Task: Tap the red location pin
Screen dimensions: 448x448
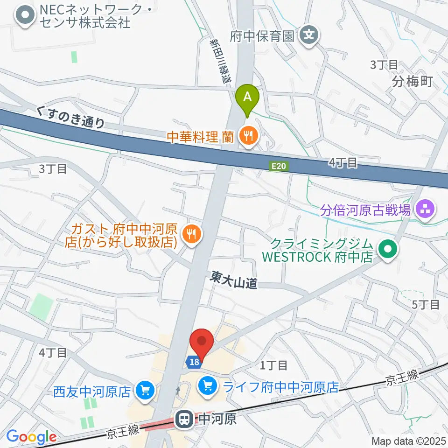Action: (202, 343)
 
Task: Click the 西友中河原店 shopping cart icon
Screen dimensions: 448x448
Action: (145, 390)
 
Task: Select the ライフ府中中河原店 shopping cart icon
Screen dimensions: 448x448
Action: (206, 386)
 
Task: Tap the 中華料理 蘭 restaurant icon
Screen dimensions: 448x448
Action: (248, 136)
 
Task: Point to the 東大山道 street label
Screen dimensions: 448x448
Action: (233, 280)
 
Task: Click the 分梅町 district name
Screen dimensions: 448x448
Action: (413, 83)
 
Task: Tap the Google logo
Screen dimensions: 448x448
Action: (31, 436)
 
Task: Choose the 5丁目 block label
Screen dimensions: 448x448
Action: (426, 305)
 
